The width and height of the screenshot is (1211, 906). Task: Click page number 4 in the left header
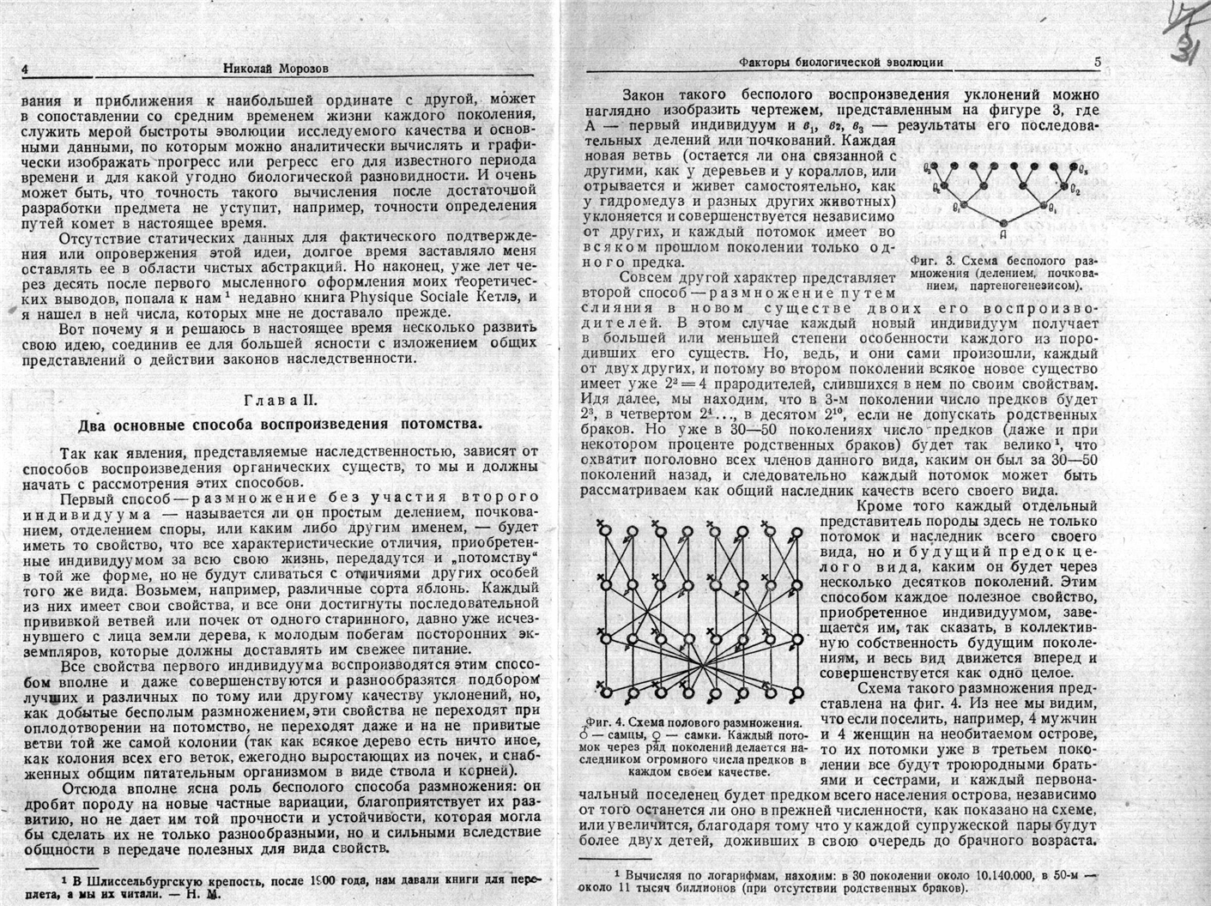pos(26,69)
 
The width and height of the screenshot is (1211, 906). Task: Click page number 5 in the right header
pos(1097,63)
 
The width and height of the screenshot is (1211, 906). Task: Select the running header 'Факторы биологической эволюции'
pos(841,63)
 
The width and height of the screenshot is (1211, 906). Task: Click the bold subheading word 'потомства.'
pos(439,425)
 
